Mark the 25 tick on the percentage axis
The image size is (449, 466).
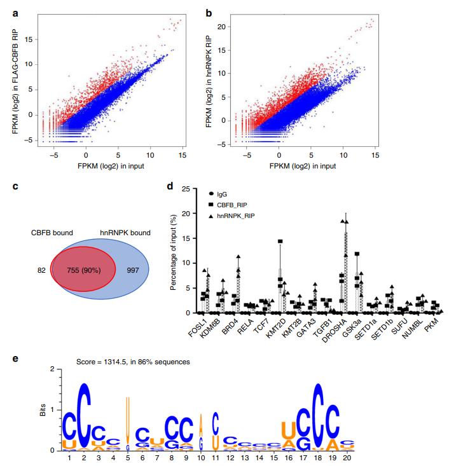pos(185,189)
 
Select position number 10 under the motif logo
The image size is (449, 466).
pos(201,457)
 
